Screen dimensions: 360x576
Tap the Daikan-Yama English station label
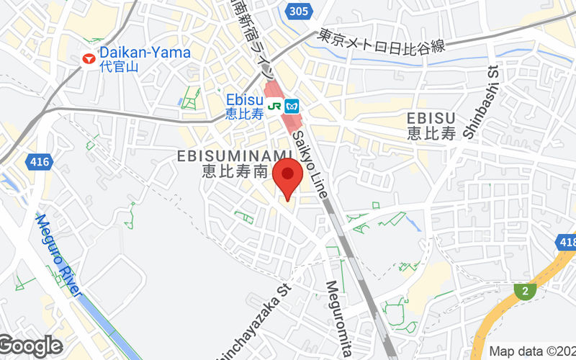point(145,53)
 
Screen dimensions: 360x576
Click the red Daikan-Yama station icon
point(89,58)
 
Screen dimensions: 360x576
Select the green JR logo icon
point(274,105)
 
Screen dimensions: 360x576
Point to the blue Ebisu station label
point(240,100)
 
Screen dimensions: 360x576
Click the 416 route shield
point(40,162)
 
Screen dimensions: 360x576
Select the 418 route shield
point(567,243)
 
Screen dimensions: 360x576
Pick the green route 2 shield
point(526,290)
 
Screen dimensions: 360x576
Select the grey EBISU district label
point(431,117)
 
